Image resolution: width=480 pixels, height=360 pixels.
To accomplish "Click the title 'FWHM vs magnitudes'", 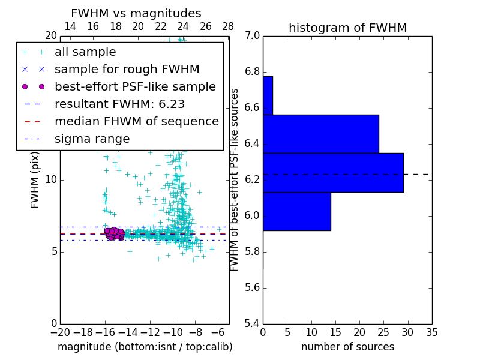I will point(136,14).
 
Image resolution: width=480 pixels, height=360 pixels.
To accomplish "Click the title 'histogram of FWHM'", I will point(347,28).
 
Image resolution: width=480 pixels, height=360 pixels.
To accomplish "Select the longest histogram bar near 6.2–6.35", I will point(333,173).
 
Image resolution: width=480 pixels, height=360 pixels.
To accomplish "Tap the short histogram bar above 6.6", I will point(268,95).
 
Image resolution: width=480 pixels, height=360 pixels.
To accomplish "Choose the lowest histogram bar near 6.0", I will point(296,211).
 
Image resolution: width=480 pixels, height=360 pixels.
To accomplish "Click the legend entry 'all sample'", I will point(85,52).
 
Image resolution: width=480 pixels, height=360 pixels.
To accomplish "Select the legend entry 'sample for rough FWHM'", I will point(127,70).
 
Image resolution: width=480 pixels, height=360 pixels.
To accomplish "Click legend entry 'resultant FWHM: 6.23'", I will point(119,104).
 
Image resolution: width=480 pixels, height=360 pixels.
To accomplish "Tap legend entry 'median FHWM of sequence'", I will point(136,122).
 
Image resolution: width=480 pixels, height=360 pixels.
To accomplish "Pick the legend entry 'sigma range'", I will point(92,139).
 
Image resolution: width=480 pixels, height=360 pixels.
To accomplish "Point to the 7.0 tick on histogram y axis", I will point(253,36).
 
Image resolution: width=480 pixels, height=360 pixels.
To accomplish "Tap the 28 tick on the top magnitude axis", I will point(228,27).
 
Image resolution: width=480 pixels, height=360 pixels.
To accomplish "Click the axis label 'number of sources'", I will point(347,347).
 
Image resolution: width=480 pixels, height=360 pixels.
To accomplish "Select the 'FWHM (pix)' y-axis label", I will point(35,179).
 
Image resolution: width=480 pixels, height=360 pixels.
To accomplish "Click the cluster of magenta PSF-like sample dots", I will point(114,233).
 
